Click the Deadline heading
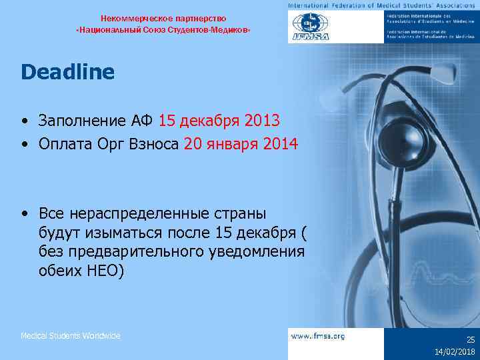click(67, 72)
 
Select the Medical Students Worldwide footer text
click(71, 336)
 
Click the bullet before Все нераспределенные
click(24, 213)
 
